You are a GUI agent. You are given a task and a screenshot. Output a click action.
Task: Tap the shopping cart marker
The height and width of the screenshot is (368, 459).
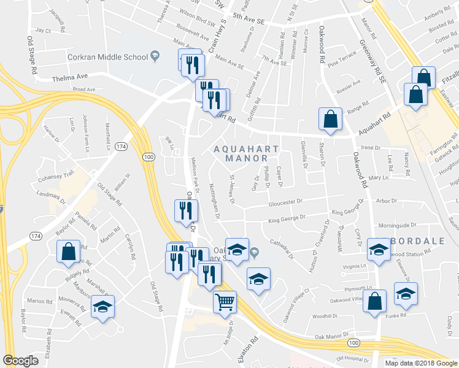pos(224,301)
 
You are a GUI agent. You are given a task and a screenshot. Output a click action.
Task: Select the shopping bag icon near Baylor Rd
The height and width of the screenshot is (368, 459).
pos(67,251)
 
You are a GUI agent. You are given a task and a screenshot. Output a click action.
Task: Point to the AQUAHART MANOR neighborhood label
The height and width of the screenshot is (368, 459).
pos(246,153)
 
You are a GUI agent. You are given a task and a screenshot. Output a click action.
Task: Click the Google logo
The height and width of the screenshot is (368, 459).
pos(20,361)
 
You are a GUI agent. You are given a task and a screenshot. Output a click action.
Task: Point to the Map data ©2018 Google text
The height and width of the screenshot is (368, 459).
pos(421,362)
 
